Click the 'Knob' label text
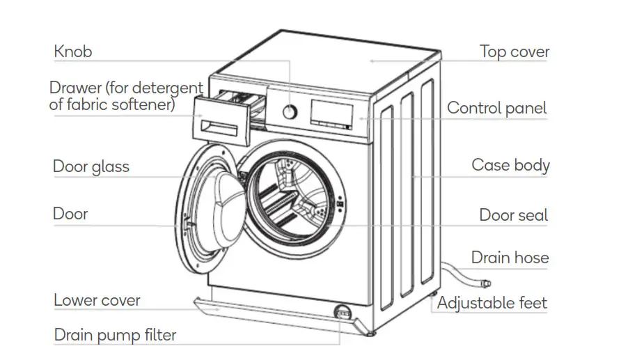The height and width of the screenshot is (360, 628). [x=72, y=52]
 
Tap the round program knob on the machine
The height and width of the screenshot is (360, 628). [x=290, y=111]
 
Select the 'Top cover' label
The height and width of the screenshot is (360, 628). [x=514, y=52]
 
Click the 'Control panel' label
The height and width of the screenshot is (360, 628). [x=496, y=108]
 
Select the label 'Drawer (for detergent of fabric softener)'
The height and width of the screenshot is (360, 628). [x=125, y=97]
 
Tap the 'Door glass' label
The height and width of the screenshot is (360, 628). [x=91, y=166]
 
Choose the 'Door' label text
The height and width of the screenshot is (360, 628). [x=70, y=213]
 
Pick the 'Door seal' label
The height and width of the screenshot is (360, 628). [x=513, y=215]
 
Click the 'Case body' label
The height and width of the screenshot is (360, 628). [x=510, y=165]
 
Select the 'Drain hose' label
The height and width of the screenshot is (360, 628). [x=510, y=258]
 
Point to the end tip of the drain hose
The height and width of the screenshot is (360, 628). [x=484, y=283]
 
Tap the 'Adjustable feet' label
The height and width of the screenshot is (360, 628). [x=492, y=303]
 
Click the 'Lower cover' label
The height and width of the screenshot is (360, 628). [x=97, y=301]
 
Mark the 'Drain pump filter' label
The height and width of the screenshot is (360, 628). [x=115, y=335]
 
